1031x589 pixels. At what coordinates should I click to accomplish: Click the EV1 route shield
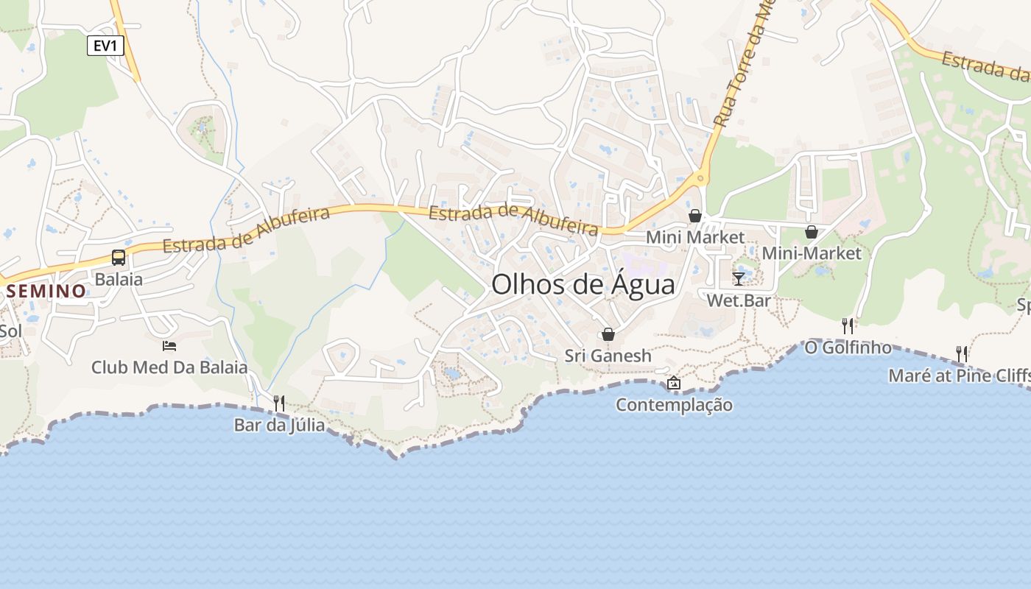(105, 46)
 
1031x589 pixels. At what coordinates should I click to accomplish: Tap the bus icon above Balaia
(119, 258)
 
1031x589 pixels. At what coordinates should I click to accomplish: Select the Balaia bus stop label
(119, 279)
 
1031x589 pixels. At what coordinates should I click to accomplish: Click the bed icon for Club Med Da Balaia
(169, 345)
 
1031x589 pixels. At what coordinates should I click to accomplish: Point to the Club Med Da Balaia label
(169, 367)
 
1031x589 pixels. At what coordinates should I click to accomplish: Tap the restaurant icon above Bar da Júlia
(279, 403)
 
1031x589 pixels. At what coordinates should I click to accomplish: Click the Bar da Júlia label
(279, 425)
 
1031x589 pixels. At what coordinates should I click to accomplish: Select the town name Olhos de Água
(583, 284)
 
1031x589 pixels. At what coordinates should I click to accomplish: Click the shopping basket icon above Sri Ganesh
(608, 334)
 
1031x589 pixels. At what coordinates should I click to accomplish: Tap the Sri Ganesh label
(608, 356)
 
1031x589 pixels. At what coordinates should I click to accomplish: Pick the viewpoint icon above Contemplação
(673, 383)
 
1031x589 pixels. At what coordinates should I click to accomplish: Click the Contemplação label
(674, 405)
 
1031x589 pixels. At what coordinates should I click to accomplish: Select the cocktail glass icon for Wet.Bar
(739, 278)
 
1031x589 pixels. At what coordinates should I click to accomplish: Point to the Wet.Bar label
(739, 300)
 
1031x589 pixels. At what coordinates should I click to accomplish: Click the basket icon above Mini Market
(695, 216)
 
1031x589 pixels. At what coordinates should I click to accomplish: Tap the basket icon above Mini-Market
(812, 232)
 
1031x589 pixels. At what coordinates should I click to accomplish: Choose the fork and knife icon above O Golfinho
(848, 325)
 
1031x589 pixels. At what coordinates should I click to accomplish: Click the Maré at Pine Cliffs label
(959, 375)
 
